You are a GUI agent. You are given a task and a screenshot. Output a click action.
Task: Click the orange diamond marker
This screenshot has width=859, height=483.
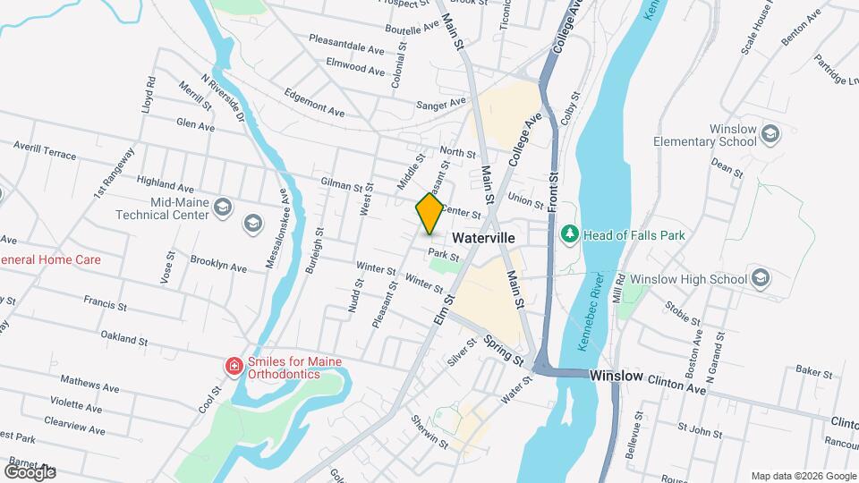(x=429, y=214)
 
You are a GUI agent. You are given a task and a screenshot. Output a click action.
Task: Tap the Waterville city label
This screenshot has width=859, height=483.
(x=483, y=239)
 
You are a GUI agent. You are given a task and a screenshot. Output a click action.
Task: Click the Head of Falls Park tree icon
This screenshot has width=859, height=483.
(x=568, y=234)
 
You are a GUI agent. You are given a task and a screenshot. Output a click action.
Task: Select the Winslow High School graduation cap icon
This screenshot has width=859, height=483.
(x=761, y=278)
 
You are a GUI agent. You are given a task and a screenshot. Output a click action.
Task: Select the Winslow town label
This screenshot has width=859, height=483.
(x=616, y=376)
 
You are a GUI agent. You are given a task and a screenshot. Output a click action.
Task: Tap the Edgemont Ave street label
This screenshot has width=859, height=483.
(x=314, y=101)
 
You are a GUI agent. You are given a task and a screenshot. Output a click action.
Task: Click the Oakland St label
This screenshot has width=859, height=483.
(x=123, y=339)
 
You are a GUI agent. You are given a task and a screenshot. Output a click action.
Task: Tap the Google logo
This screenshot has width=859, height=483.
(x=30, y=471)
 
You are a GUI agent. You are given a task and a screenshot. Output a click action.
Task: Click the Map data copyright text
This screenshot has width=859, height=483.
(x=803, y=476)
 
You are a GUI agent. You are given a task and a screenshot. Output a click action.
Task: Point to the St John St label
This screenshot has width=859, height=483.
(x=700, y=433)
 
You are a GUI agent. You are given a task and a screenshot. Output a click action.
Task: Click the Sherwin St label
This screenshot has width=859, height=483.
(x=430, y=430)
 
